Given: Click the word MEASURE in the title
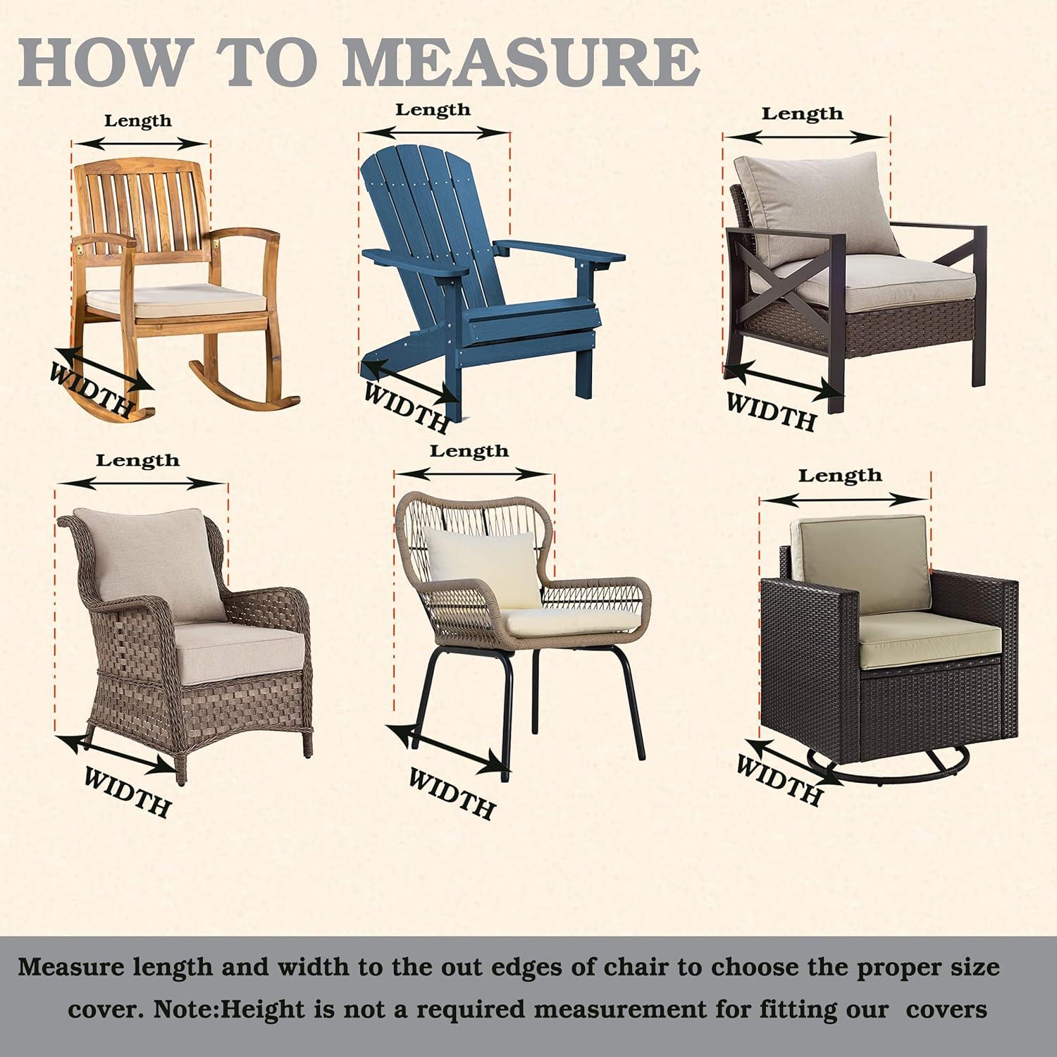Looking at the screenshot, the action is [x=521, y=65].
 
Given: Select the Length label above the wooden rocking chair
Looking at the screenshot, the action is [x=138, y=121].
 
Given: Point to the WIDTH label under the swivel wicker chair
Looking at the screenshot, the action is [x=779, y=779].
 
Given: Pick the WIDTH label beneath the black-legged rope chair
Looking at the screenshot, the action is [x=452, y=793].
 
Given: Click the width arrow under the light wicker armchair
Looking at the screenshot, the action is [x=116, y=753].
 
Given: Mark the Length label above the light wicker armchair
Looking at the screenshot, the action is [x=138, y=461].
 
